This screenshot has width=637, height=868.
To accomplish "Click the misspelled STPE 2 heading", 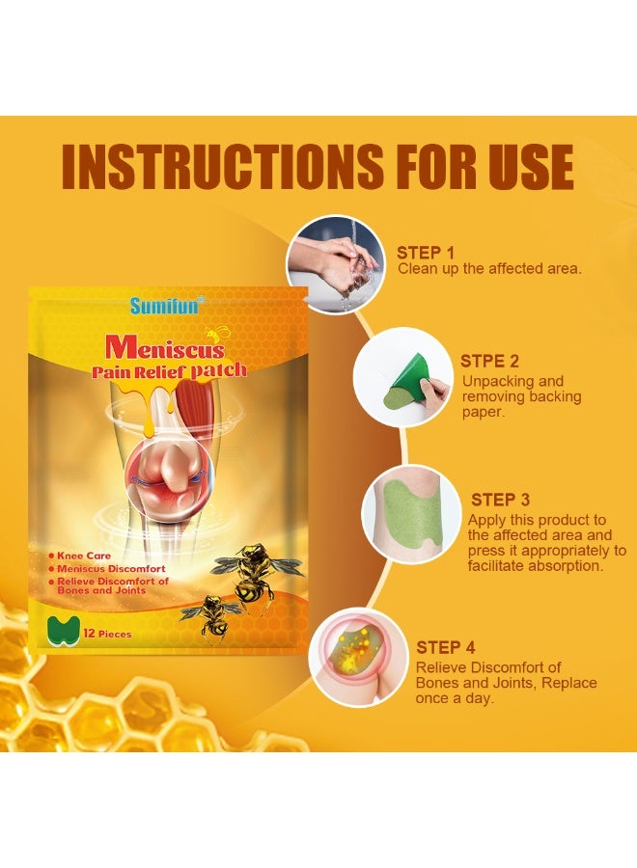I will pyautogui.click(x=490, y=362).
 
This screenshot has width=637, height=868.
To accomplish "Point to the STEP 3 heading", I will pyautogui.click(x=500, y=500).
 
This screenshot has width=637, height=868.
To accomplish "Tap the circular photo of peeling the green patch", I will pyautogui.click(x=402, y=377).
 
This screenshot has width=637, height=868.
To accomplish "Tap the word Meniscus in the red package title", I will pyautogui.click(x=165, y=345).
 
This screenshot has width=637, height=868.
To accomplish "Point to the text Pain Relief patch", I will pyautogui.click(x=169, y=370).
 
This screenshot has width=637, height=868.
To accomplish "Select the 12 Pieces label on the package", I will pyautogui.click(x=107, y=634).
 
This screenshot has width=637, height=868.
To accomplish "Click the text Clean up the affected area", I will pyautogui.click(x=489, y=269).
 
